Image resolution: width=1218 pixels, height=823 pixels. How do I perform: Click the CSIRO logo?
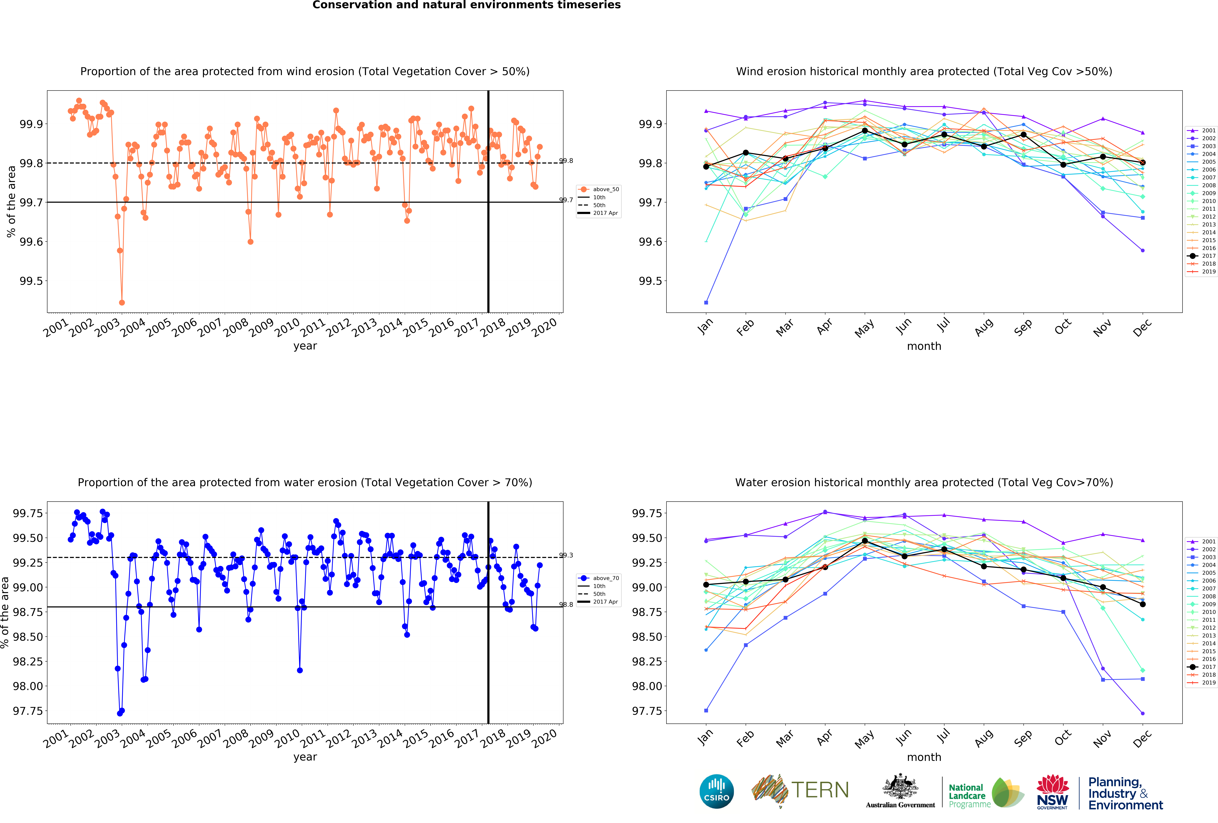[716, 791]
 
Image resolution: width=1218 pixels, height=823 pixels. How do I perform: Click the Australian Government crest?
[900, 786]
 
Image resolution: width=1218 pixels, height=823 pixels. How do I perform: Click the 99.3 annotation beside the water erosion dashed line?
[566, 555]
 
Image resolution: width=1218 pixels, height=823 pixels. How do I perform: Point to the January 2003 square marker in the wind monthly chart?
[706, 302]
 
